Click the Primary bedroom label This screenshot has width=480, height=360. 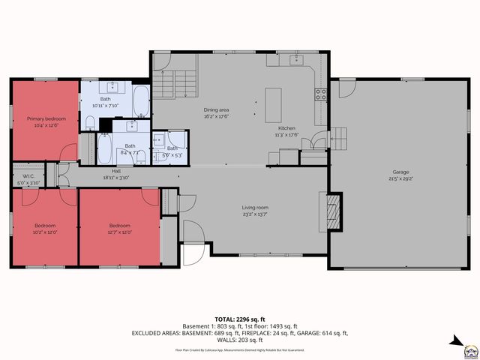[46, 118]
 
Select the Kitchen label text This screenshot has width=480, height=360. [286, 128]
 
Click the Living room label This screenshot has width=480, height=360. [255, 208]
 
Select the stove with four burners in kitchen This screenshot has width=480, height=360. [320, 94]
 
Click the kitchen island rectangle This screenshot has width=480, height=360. [273, 104]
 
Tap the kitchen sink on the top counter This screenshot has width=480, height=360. [297, 58]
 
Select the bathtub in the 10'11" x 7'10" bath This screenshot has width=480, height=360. [141, 97]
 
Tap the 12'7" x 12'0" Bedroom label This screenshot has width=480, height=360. [119, 226]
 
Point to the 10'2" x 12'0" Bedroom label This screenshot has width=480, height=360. [44, 226]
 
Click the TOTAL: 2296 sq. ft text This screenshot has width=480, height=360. [240, 319]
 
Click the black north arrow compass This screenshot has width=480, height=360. [456, 342]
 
